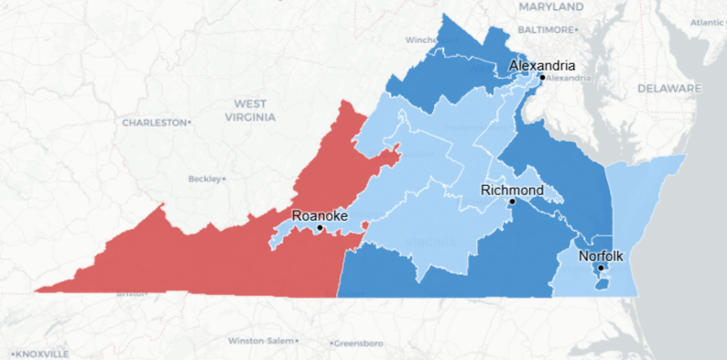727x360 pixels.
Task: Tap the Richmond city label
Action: tap(513, 190)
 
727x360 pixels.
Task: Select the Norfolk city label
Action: tap(601, 256)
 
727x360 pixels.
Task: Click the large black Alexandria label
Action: tap(542, 66)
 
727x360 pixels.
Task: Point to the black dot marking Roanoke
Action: tap(320, 227)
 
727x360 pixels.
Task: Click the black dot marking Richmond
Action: tap(513, 202)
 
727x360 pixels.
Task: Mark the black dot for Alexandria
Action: tap(542, 77)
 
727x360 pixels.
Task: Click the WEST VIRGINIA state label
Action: tap(250, 111)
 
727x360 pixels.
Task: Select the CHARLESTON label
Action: tap(155, 122)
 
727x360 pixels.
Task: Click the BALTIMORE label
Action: tap(545, 29)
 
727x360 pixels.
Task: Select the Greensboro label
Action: tap(358, 344)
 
